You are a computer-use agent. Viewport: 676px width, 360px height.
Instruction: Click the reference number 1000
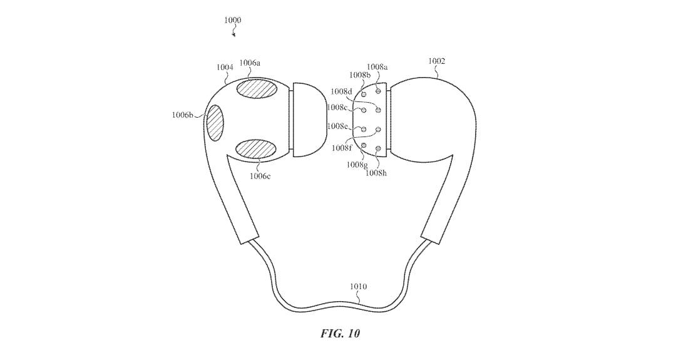point(233,20)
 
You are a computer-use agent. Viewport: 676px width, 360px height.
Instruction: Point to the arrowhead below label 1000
point(234,35)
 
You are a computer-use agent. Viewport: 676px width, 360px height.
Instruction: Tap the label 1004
point(225,67)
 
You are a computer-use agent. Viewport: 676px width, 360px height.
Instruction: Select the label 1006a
point(250,63)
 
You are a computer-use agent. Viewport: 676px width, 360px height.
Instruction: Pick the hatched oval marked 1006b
point(215,123)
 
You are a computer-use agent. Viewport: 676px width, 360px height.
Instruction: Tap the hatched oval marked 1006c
point(256,149)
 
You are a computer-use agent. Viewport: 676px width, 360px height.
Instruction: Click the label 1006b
point(182,115)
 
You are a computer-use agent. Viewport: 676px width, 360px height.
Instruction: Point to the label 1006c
point(260,176)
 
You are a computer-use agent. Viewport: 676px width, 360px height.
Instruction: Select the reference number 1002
point(436,61)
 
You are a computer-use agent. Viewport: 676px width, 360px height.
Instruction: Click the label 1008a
point(377,67)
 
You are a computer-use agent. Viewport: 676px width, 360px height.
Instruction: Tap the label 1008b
point(360,75)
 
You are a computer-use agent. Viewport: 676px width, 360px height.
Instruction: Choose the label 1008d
point(342,91)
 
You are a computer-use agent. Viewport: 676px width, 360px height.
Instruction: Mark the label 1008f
point(342,148)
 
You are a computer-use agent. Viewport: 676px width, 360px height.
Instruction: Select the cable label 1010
point(358,287)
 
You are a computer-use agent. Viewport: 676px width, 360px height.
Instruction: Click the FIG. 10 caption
point(340,333)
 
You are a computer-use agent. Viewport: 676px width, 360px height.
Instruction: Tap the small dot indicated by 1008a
point(378,91)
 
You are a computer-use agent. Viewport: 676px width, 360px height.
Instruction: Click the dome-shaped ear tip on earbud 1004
point(309,120)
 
